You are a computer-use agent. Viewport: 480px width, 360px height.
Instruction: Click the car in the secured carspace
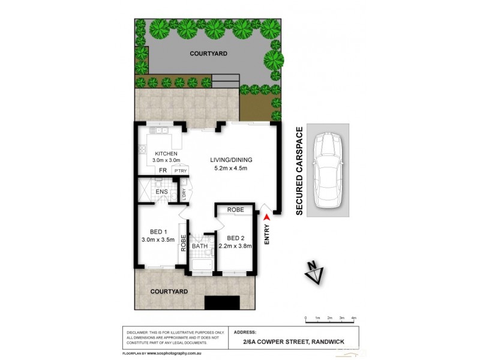328,169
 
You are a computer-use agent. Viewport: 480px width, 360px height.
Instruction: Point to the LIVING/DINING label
231,160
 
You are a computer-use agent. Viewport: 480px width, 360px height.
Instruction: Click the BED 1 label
158,232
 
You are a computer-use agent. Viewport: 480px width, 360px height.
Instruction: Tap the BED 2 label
235,237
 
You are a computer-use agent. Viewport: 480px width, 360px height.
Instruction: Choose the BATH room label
199,245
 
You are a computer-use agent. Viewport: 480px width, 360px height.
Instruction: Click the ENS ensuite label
161,192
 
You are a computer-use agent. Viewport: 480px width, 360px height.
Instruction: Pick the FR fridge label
162,171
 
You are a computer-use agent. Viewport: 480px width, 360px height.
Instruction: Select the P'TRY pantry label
180,172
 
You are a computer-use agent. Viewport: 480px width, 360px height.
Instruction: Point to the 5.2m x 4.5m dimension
231,168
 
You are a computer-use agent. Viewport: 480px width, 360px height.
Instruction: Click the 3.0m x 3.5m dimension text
158,240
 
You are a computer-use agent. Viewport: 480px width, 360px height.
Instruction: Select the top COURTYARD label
208,53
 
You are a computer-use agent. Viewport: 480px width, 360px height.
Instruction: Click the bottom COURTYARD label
169,291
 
